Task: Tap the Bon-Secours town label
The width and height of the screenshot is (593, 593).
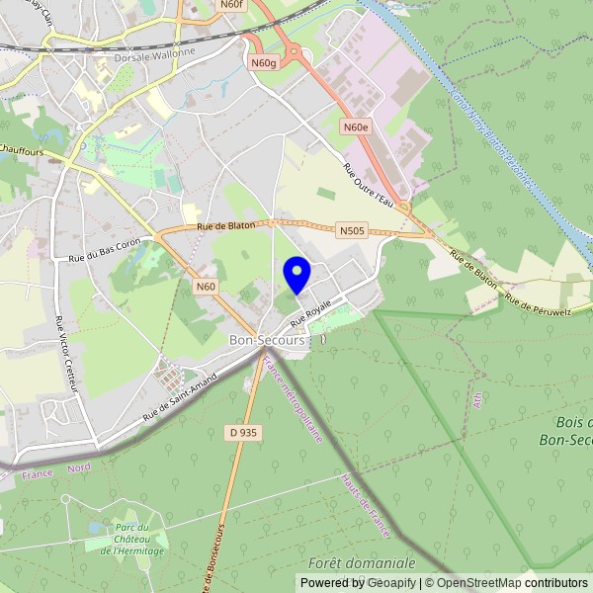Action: coord(267,340)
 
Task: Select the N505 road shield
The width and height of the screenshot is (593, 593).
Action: coord(351,230)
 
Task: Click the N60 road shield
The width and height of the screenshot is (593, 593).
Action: coord(205,287)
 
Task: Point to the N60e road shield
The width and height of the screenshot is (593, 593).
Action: coord(356,127)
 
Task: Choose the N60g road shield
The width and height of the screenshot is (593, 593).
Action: coord(263,62)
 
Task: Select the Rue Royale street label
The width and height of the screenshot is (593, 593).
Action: coord(309,315)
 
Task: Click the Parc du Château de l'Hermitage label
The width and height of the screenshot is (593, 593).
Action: coord(138,540)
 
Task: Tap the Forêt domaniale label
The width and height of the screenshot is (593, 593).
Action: coord(362,562)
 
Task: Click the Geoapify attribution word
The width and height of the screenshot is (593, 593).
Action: coord(390,583)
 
